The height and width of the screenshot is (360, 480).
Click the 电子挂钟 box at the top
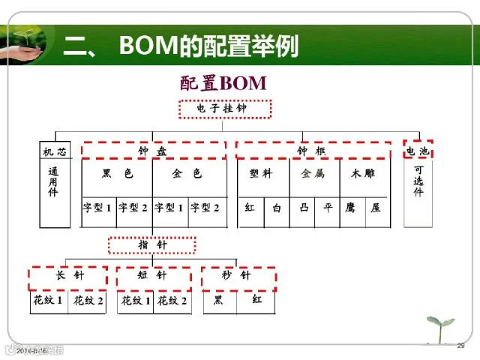[x=223, y=109]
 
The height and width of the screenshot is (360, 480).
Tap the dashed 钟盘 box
[x=153, y=151]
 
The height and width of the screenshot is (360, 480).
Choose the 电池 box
[x=418, y=151]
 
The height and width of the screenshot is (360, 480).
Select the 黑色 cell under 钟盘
[x=117, y=175]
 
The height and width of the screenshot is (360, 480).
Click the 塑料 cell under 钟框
[x=261, y=174]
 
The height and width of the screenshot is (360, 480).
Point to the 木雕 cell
[x=363, y=174]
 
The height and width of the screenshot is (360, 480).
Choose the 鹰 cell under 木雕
[x=351, y=208]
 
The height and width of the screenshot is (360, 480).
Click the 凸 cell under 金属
[x=304, y=208]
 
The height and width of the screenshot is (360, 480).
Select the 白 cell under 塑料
[x=277, y=208]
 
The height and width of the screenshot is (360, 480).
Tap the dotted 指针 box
[x=152, y=245]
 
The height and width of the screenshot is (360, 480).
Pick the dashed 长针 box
[x=68, y=276]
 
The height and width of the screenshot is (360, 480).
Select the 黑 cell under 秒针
[x=219, y=301]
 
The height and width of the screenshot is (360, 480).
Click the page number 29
[x=461, y=346]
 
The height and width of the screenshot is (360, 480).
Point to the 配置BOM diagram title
[x=223, y=82]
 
